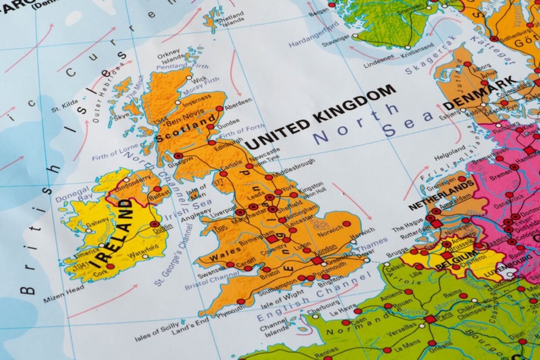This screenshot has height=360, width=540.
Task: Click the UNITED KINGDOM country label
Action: pos(321,116)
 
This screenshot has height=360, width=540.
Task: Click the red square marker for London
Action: pos(317,260)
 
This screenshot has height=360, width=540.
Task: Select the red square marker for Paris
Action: pos(430,319)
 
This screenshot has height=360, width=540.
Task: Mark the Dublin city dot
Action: pos(155,224)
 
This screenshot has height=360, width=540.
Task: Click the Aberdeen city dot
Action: pos(219,109)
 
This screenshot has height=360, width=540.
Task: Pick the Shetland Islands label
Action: pos(233,18)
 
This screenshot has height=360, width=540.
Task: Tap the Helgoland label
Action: pos(449,151)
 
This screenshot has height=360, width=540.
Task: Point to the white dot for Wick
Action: pos(189,78)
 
